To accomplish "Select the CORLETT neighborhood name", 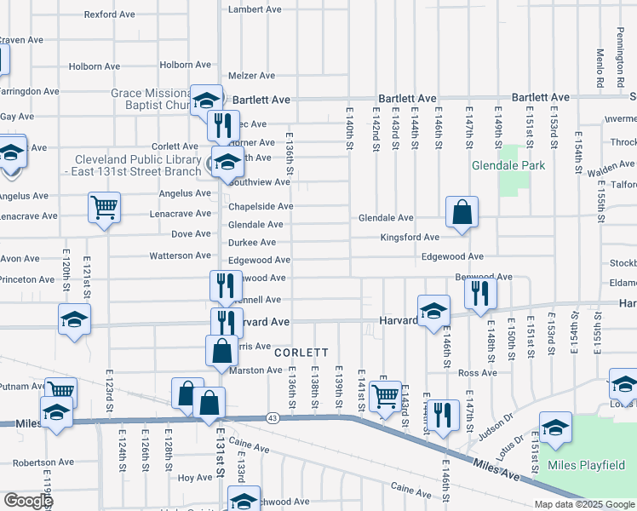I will tap(301, 352).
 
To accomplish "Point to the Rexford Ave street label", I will tap(111, 14).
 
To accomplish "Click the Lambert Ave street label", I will tap(255, 9).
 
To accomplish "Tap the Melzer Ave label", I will tap(252, 76).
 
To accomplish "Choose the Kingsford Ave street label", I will tap(410, 238).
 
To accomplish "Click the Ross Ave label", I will tap(477, 372).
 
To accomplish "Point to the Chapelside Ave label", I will tap(261, 206).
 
